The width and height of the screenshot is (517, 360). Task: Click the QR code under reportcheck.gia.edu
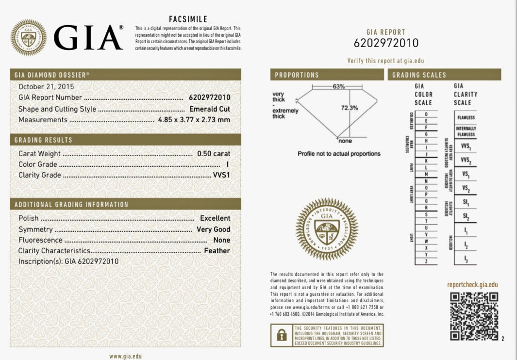[474, 316]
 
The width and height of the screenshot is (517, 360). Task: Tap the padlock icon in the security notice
[281, 335]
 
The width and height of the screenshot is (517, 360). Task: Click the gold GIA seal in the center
[327, 229]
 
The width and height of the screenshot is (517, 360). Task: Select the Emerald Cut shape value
[210, 109]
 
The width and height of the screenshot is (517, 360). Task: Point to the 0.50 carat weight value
[214, 154]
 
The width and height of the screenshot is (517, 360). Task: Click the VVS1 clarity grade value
[221, 175]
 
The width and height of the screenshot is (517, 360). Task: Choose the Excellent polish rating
[215, 218]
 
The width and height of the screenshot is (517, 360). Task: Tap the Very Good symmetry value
[213, 229]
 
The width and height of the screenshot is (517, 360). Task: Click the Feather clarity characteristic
[217, 251]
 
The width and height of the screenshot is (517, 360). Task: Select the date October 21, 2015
[43, 87]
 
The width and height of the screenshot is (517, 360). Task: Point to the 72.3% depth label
[349, 107]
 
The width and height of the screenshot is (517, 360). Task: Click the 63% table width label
[339, 86]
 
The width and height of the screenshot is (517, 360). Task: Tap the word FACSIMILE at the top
[188, 19]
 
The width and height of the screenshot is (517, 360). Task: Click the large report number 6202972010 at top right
[386, 43]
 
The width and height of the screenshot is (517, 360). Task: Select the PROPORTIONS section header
[297, 75]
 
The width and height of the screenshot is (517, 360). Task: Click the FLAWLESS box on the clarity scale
[466, 117]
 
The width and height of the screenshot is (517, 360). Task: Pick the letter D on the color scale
[426, 114]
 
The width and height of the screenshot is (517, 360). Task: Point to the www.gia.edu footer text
[125, 356]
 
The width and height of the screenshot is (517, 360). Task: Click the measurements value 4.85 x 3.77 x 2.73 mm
[194, 120]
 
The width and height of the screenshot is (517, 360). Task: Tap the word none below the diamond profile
[345, 141]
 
